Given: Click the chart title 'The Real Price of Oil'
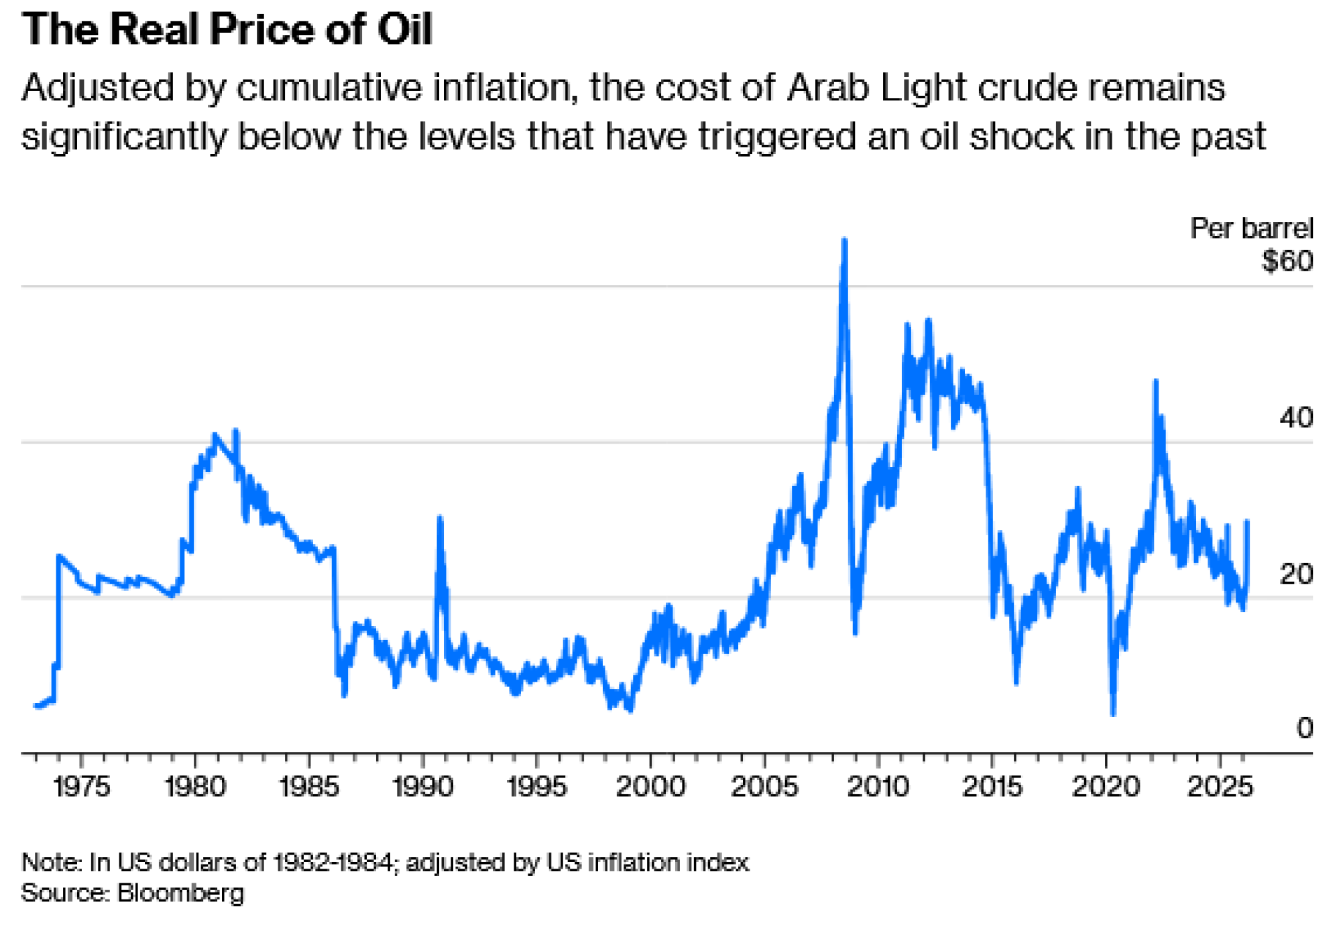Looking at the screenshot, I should click(x=227, y=30).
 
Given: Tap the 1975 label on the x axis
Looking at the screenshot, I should click(x=81, y=787).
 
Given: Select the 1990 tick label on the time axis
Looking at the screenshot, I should click(x=423, y=787).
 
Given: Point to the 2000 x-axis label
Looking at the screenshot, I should click(x=650, y=787).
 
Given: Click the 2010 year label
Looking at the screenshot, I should click(x=878, y=787).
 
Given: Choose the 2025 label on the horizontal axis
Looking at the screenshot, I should click(x=1220, y=787).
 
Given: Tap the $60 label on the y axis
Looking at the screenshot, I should click(x=1287, y=261).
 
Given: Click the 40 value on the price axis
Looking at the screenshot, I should click(x=1295, y=418).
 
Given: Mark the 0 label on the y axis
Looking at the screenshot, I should click(x=1304, y=729).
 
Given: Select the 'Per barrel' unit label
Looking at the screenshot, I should click(x=1251, y=229).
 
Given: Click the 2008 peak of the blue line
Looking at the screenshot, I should click(x=844, y=240).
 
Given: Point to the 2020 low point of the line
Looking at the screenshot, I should click(x=1113, y=714).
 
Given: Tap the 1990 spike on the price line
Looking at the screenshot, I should click(x=440, y=518).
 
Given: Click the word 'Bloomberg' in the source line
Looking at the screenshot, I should click(x=180, y=893).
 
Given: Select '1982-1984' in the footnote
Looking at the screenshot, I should click(x=333, y=863).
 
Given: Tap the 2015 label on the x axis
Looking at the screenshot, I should click(x=992, y=787).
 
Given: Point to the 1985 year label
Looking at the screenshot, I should click(x=309, y=787).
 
